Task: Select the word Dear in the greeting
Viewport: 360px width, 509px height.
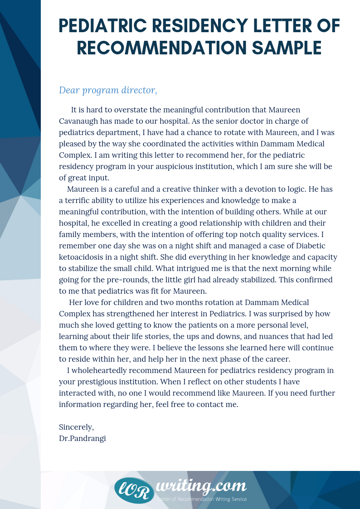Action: click(68, 90)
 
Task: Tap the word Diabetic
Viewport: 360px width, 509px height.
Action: click(309, 246)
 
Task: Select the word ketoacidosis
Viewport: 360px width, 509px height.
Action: click(81, 257)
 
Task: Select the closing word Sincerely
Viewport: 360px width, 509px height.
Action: click(76, 427)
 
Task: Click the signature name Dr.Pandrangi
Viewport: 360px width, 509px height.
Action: click(82, 438)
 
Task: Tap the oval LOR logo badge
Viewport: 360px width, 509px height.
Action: click(134, 490)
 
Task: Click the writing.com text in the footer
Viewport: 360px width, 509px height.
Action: click(201, 486)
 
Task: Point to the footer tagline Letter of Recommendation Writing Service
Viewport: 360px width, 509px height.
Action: click(202, 499)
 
